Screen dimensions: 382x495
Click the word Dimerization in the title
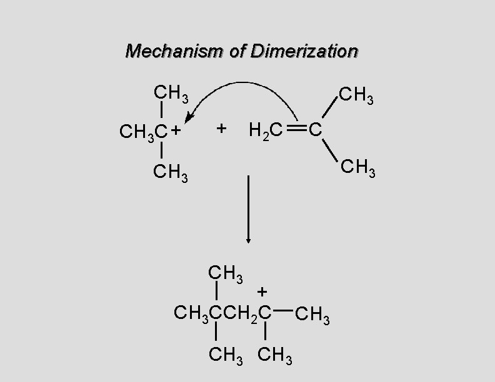[x=304, y=51]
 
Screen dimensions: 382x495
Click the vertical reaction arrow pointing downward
[x=249, y=209]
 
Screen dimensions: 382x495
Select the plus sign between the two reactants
[x=221, y=129]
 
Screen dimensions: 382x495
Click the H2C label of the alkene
[x=266, y=130]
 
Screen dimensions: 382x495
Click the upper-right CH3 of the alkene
[x=356, y=97]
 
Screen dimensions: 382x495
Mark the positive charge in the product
[x=262, y=291]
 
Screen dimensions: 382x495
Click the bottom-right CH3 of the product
[x=276, y=356]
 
